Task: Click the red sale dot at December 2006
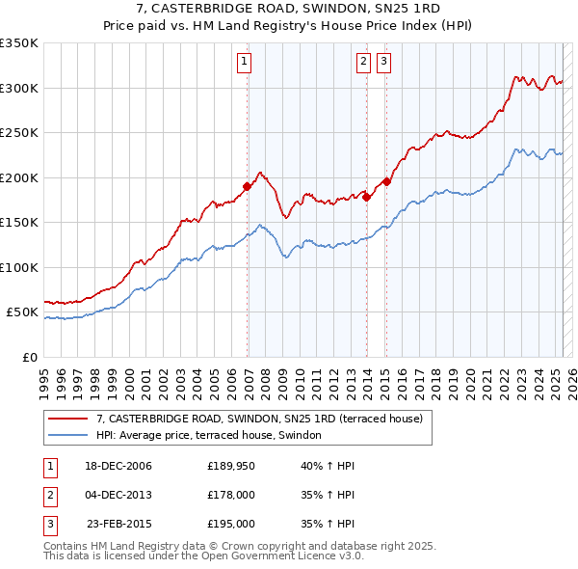pyautogui.click(x=248, y=186)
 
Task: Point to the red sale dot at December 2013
pyautogui.click(x=367, y=197)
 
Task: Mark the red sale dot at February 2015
pyautogui.click(x=386, y=181)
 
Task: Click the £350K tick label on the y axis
pyautogui.click(x=19, y=43)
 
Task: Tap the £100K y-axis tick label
pyautogui.click(x=19, y=267)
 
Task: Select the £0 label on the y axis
pyautogui.click(x=29, y=357)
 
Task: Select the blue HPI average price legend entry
pyautogui.click(x=214, y=435)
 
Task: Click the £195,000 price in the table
pyautogui.click(x=231, y=524)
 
